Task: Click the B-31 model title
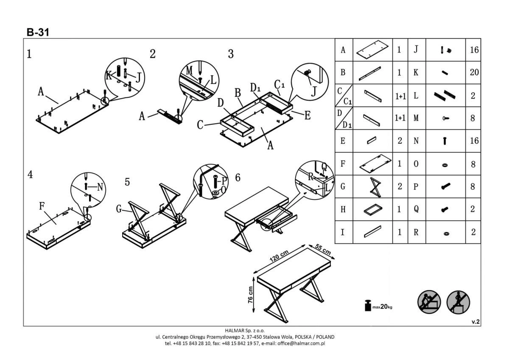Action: pos(38,32)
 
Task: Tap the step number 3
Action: pos(231,54)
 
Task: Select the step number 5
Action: pos(127,182)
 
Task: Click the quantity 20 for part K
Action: pos(474,72)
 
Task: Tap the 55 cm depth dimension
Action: pos(323,250)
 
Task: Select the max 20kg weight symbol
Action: pos(378,306)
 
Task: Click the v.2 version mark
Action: pos(475,322)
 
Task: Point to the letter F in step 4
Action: pos(42,206)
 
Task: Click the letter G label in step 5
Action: pos(120,208)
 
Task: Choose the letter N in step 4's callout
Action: pos(101,187)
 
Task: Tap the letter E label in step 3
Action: pos(307,115)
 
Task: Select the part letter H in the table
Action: pos(343,209)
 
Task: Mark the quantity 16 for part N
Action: pos(474,141)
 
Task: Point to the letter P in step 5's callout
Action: pos(225,180)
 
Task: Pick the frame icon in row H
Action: pos(373,209)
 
